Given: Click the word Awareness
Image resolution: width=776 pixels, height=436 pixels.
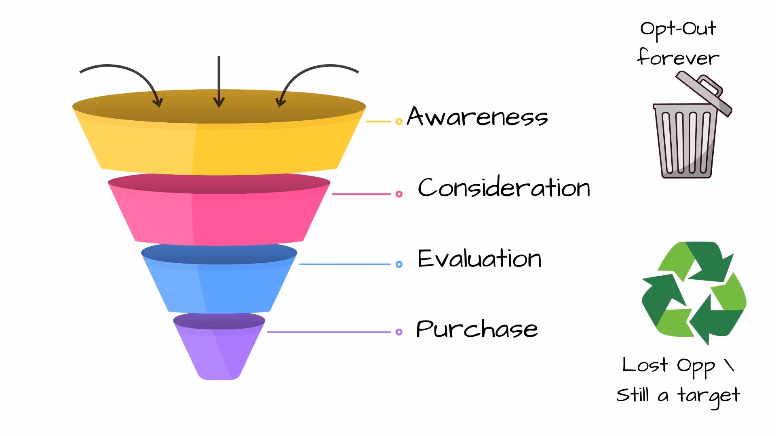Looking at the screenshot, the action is pyautogui.click(x=477, y=117).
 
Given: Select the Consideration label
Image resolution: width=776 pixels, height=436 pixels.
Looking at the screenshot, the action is pyautogui.click(x=504, y=188).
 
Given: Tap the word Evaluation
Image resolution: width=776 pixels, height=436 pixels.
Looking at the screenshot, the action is pyautogui.click(x=479, y=258).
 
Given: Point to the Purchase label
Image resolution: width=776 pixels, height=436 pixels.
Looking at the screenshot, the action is pyautogui.click(x=477, y=329).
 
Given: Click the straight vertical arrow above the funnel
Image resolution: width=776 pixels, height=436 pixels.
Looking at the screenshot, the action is pyautogui.click(x=219, y=81).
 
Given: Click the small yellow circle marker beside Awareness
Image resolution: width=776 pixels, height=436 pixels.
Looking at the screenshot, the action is pyautogui.click(x=399, y=122).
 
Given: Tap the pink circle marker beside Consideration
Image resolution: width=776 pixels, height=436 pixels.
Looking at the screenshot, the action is pyautogui.click(x=399, y=194).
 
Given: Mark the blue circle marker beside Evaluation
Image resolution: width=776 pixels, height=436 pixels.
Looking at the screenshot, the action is pyautogui.click(x=399, y=264).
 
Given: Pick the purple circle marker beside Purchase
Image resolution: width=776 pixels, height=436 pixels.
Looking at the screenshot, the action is pyautogui.click(x=399, y=332).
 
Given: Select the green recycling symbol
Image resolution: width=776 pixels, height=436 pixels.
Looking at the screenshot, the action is pyautogui.click(x=694, y=293).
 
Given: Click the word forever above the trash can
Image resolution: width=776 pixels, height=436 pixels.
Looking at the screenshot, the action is pyautogui.click(x=678, y=58).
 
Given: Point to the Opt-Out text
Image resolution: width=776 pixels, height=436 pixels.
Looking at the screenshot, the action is pyautogui.click(x=678, y=29).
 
